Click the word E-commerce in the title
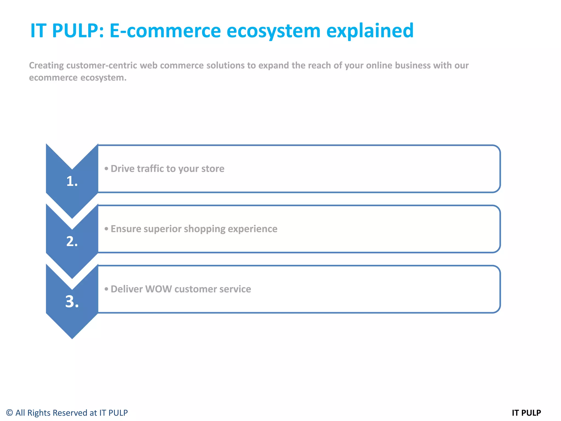(x=165, y=31)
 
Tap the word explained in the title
(x=370, y=31)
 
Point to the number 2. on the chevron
(x=72, y=241)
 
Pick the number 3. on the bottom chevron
(x=72, y=302)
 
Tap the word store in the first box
(x=213, y=169)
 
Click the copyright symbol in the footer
(x=10, y=413)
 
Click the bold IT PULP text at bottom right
(x=526, y=413)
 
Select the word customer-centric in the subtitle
(x=102, y=66)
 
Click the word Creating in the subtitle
(x=46, y=66)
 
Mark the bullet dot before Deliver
(x=106, y=289)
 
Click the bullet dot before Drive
(x=106, y=169)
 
